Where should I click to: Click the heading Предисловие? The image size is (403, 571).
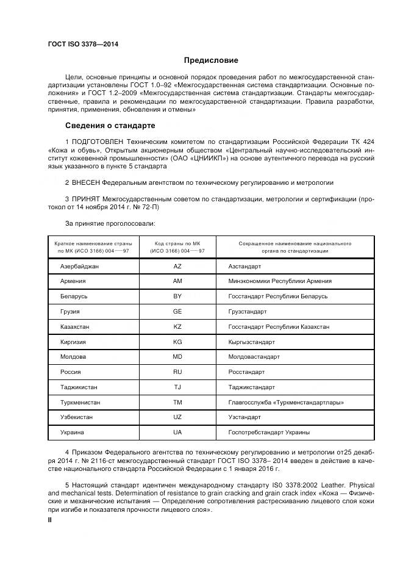212,60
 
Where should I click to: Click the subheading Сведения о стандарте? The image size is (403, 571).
110,126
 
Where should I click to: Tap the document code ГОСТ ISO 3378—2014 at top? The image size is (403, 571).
83,44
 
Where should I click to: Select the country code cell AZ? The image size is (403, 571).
177,266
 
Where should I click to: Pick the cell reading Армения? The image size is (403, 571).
73,281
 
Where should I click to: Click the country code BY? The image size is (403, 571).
177,296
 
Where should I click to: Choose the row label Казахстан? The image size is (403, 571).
75,326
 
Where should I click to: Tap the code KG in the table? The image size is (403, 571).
177,342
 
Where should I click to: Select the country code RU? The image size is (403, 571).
177,372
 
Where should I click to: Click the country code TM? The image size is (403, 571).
177,402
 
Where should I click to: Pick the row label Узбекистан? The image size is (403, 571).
77,417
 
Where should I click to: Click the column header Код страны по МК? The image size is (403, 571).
177,243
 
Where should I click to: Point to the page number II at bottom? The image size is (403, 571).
50,520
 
